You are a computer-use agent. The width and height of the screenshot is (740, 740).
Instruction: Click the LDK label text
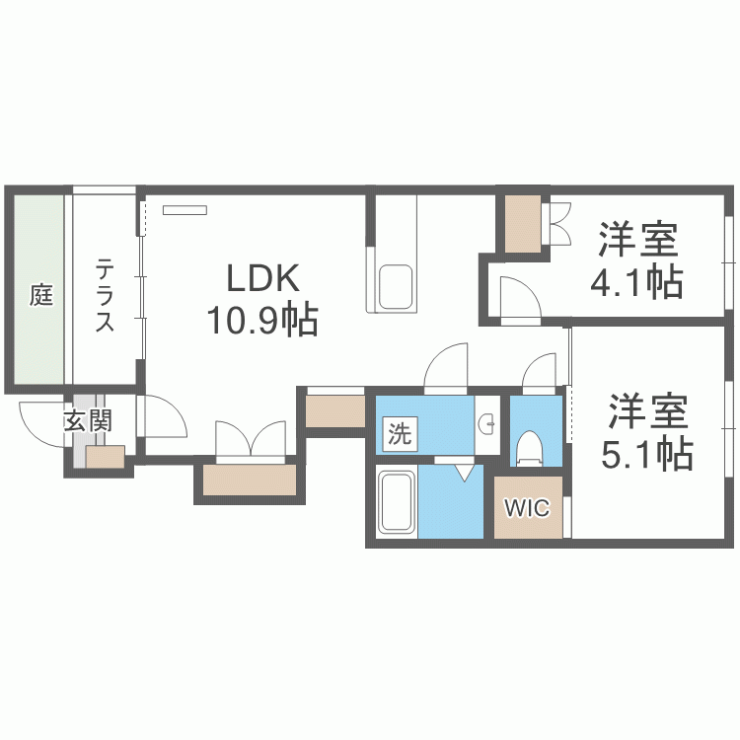pyautogui.click(x=262, y=279)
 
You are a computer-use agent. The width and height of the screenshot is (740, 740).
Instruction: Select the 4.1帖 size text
pyautogui.click(x=636, y=283)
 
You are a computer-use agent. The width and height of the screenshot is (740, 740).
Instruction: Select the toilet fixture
pyautogui.click(x=530, y=447)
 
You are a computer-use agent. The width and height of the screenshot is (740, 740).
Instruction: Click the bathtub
pyautogui.click(x=398, y=503)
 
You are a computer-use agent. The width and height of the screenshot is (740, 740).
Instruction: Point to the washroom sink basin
pyautogui.click(x=488, y=425)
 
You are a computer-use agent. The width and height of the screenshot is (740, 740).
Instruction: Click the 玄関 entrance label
pyautogui.click(x=89, y=421)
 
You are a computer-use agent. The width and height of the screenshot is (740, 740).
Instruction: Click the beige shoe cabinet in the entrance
pyautogui.click(x=105, y=457)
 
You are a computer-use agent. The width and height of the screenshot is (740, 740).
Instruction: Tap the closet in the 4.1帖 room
pyautogui.click(x=524, y=225)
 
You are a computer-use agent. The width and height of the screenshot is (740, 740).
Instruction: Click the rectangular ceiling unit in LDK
pyautogui.click(x=185, y=209)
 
